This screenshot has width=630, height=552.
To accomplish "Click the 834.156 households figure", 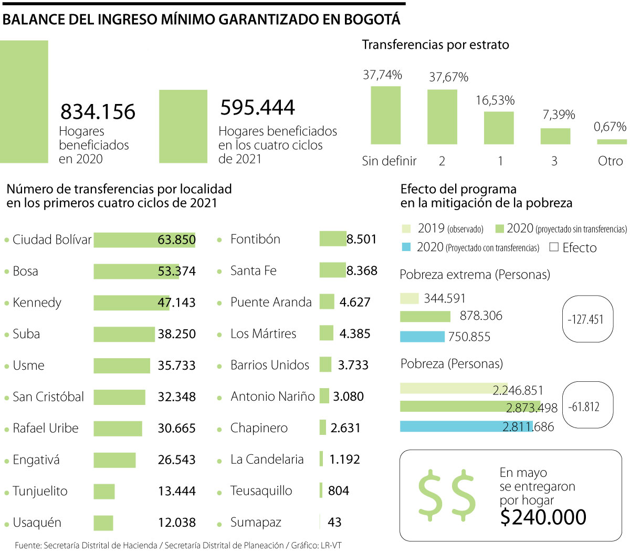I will [98, 112].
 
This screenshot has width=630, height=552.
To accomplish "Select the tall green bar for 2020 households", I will [24, 101].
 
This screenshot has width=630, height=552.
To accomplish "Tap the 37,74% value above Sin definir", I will [382, 75].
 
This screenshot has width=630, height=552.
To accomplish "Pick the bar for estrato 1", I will [498, 128].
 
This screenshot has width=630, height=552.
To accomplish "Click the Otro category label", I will [610, 161].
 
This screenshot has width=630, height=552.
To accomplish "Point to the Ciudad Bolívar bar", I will [144, 240].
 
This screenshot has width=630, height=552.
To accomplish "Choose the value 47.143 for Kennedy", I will [176, 303].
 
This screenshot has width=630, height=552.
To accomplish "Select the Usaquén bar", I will [103, 523].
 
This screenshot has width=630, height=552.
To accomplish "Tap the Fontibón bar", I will [333, 239].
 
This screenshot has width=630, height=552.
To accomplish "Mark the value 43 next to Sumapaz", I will [334, 522].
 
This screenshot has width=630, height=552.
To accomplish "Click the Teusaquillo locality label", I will [261, 491].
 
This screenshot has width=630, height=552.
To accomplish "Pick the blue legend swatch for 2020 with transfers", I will [406, 247].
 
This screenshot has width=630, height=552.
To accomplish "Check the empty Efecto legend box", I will [554, 247].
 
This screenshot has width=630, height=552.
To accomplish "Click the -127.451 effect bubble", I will [587, 319].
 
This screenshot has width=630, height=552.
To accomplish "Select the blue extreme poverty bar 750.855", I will [422, 337].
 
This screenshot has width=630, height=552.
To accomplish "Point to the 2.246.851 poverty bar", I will [454, 389].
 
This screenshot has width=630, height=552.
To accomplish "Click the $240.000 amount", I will [543, 517].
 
